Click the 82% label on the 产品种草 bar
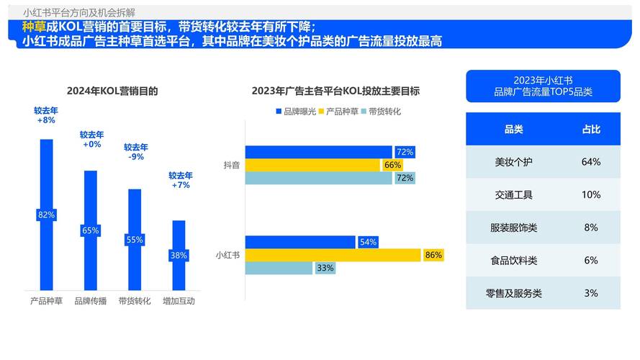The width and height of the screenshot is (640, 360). [46, 215]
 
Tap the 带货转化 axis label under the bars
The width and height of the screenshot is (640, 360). [135, 301]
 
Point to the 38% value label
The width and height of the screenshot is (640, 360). [179, 255]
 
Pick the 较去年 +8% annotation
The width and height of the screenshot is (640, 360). [46, 115]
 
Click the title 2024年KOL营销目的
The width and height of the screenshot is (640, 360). [112, 91]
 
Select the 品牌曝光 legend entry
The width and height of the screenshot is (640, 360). [295, 112]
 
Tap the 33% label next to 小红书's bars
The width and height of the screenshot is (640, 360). [325, 268]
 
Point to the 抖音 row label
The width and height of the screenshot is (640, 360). [232, 165]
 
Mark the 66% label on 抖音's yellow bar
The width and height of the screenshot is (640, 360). [392, 165]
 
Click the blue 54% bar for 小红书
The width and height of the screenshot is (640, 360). [300, 242]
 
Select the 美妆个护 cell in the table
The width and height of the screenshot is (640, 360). [513, 162]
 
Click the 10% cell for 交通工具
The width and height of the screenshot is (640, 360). [591, 194]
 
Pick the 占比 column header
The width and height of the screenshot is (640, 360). [591, 129]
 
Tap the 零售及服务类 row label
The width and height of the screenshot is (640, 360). [513, 293]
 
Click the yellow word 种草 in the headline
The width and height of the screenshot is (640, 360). [34, 27]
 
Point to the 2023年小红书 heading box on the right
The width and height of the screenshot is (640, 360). [543, 86]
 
